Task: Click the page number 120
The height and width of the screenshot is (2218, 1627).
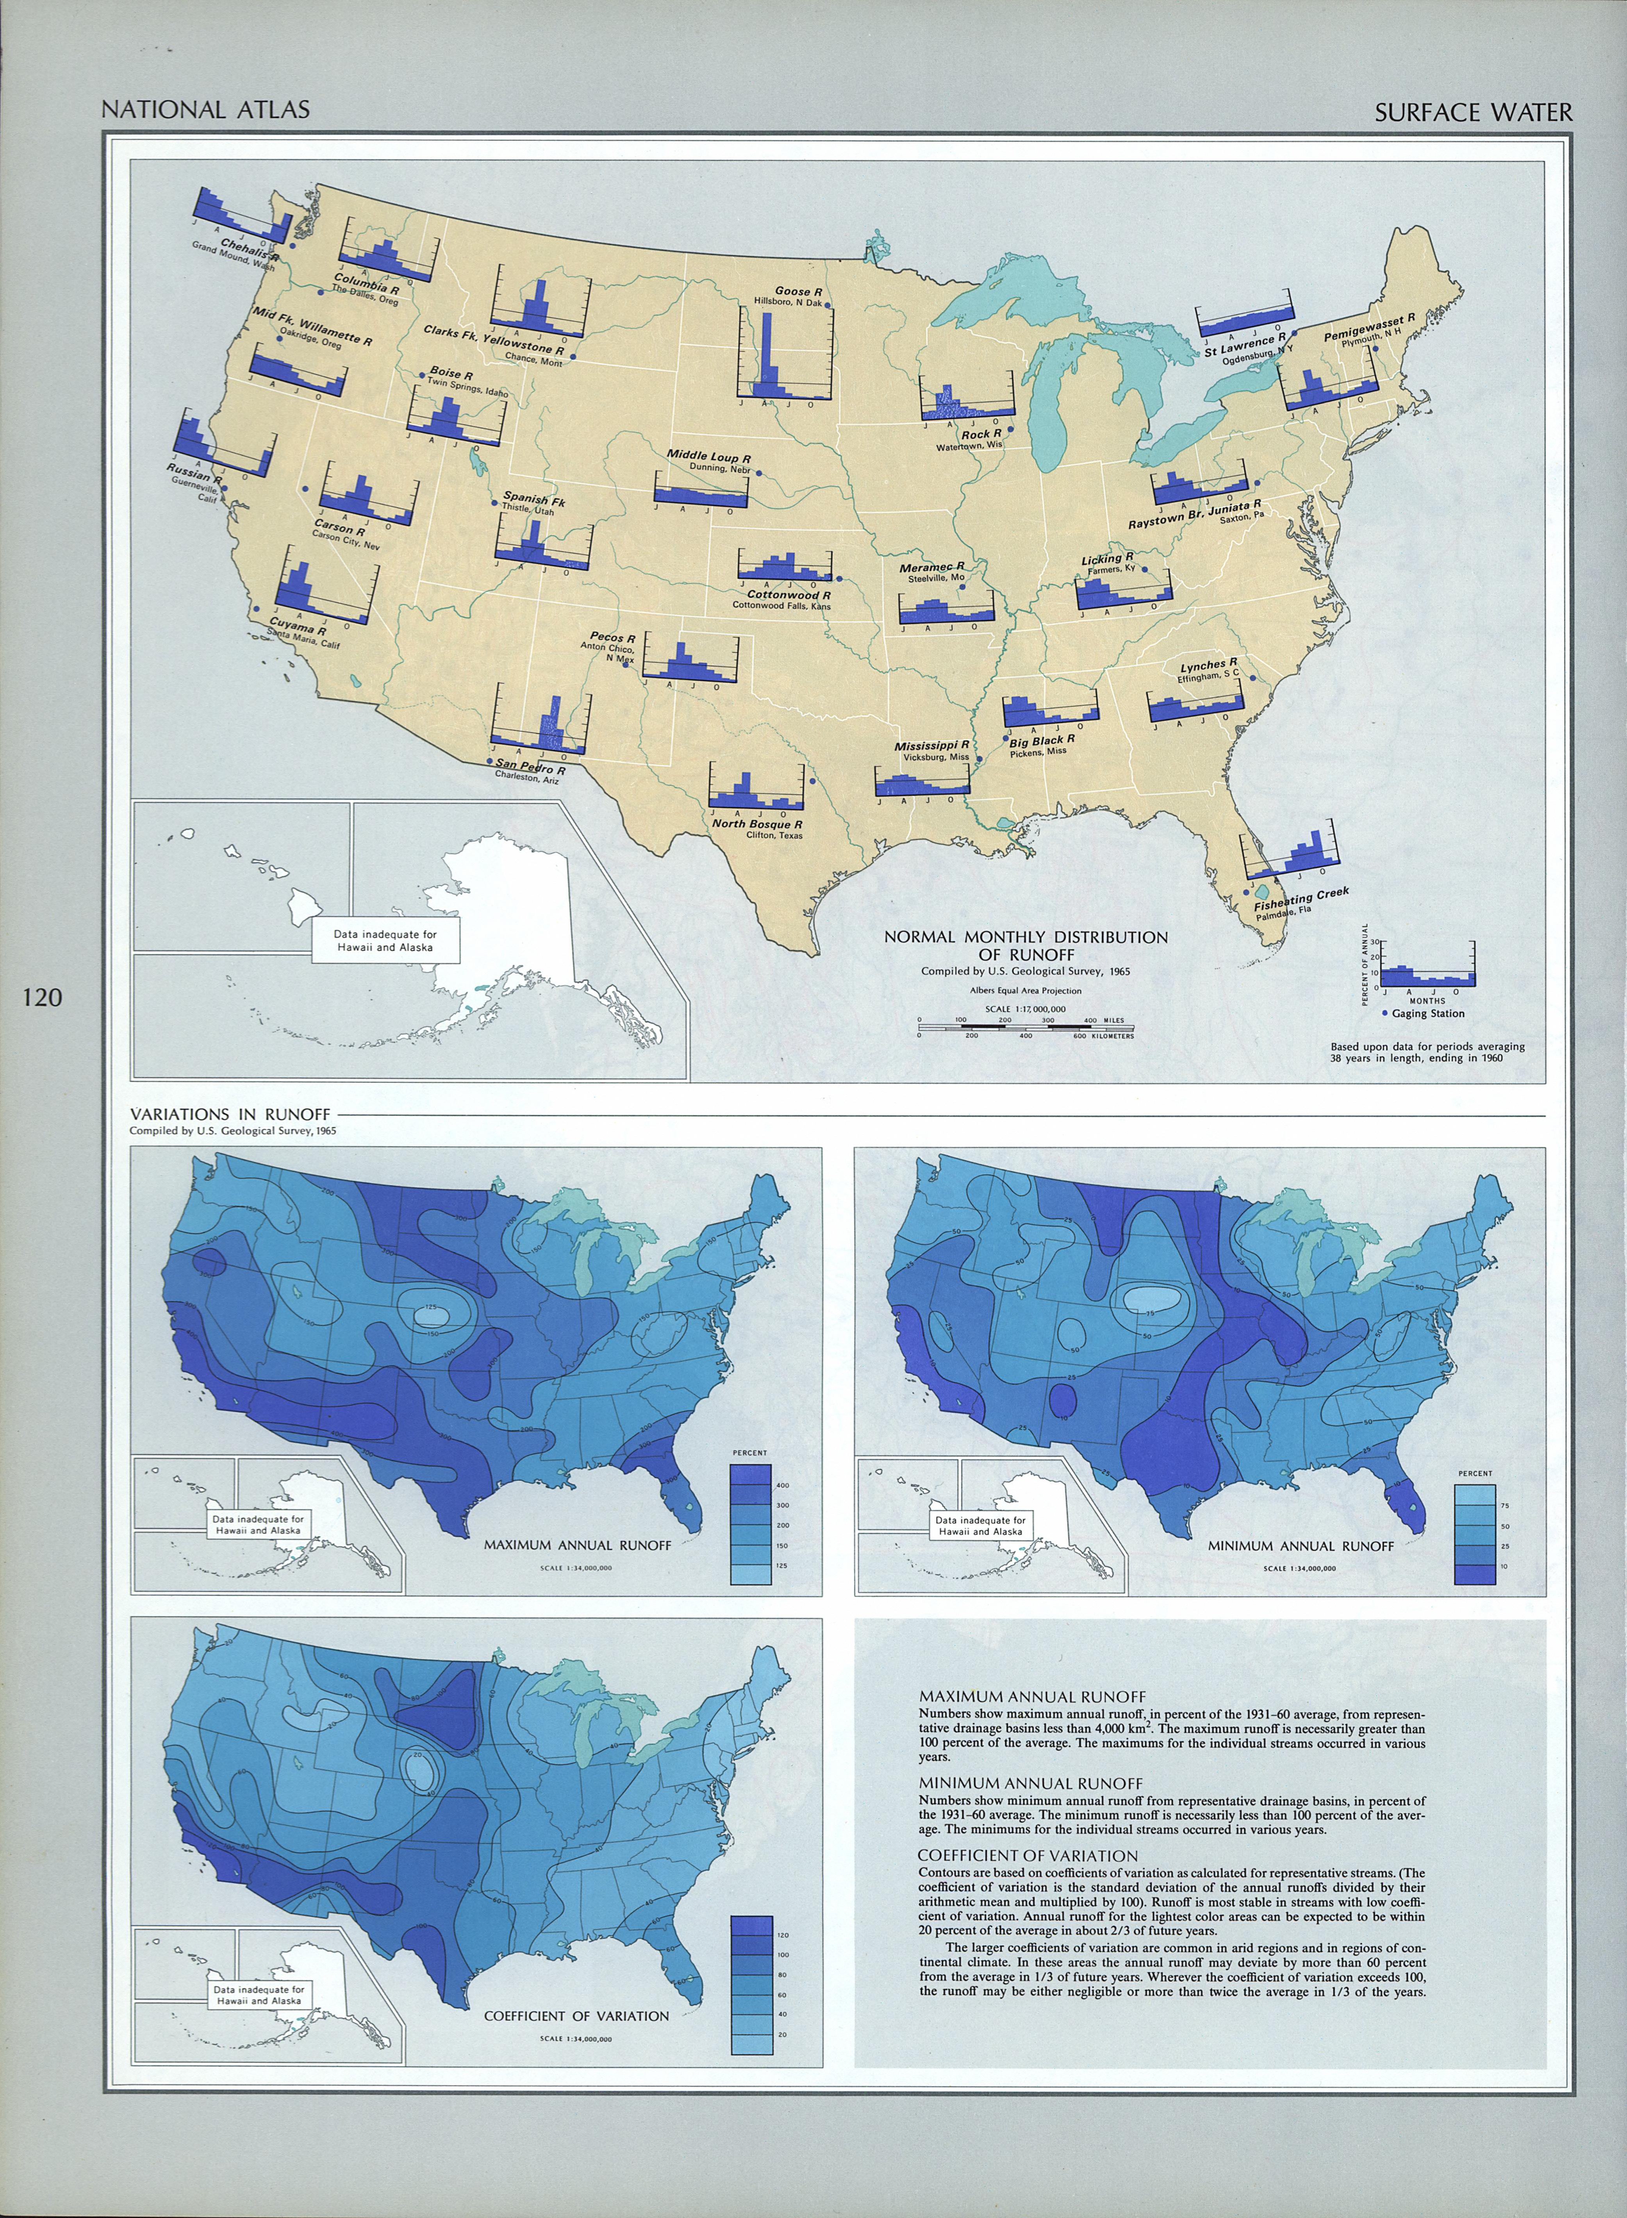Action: click(41, 998)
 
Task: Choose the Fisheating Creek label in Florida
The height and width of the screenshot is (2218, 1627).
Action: click(1301, 897)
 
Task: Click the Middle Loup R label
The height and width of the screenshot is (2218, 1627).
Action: click(709, 457)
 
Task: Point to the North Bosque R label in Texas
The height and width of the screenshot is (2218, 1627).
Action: click(757, 823)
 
